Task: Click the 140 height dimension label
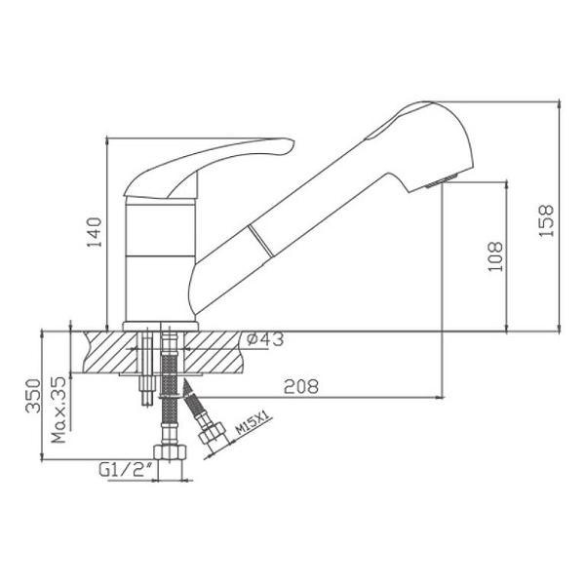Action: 94,232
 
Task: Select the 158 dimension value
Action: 546,220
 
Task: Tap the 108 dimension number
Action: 495,256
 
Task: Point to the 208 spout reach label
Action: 301,386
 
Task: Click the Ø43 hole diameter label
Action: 265,338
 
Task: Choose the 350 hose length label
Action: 33,396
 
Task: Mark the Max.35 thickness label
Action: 58,409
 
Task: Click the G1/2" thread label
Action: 126,470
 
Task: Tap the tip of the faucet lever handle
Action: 293,142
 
